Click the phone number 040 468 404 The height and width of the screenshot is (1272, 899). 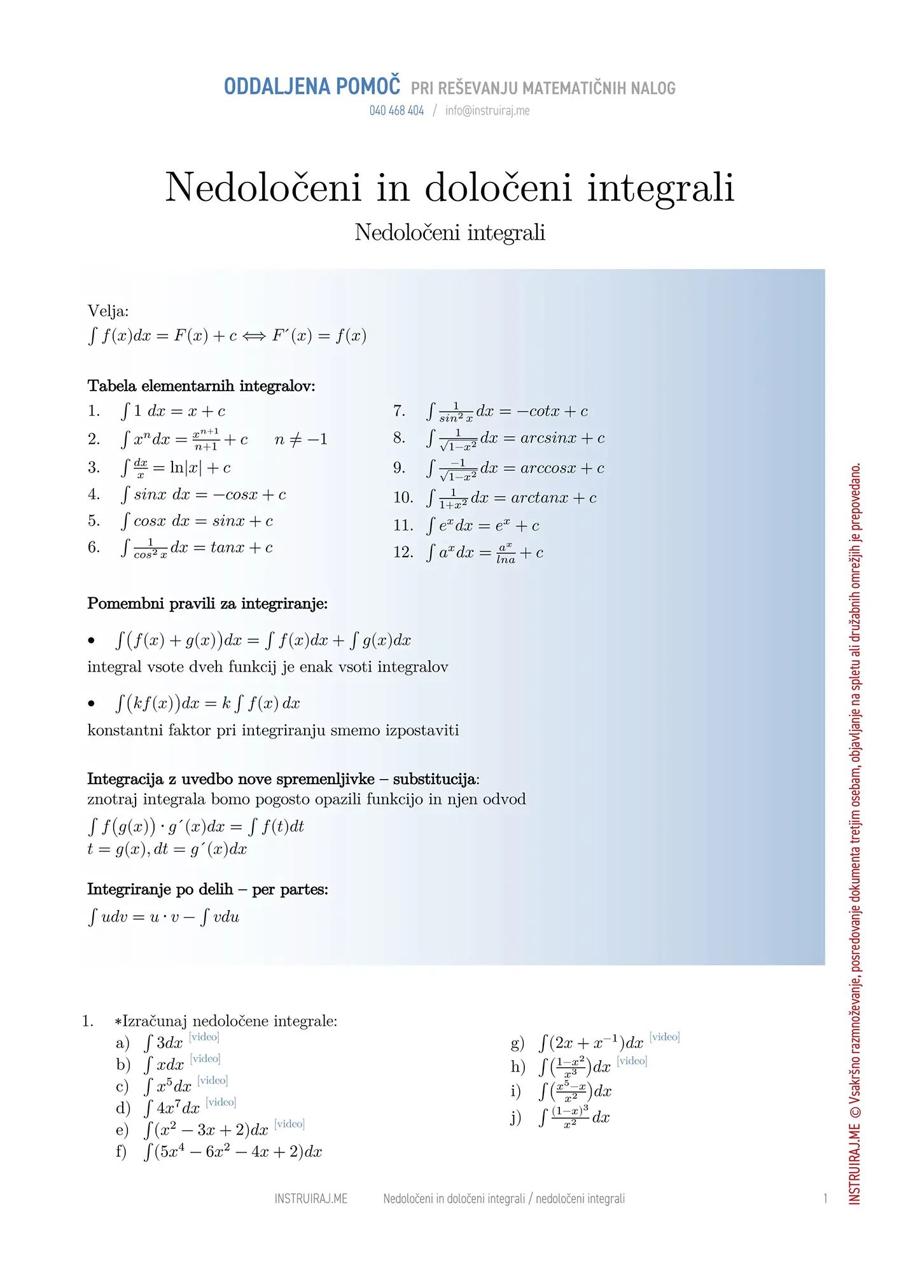396,111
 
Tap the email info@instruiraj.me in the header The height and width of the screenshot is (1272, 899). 487,111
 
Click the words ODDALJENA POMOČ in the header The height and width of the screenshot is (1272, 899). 312,86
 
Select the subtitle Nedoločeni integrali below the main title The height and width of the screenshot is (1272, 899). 450,233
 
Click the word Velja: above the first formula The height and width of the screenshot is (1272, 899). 108,311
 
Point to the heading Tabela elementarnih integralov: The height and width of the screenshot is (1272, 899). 201,386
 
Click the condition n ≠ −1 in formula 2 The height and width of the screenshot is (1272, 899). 301,439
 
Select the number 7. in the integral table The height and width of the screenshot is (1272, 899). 399,411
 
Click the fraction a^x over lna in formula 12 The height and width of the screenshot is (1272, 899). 506,553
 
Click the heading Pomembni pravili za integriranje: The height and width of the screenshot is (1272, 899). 207,604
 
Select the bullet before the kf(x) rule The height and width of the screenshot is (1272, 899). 92,703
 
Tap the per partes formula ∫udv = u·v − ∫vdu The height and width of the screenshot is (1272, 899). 164,917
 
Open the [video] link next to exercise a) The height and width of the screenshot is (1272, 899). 204,1037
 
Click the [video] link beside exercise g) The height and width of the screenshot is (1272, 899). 665,1037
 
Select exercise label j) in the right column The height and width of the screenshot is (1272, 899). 516,1117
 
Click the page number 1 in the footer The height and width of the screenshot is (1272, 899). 825,1199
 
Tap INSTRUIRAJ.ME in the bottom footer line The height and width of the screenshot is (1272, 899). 310,1199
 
